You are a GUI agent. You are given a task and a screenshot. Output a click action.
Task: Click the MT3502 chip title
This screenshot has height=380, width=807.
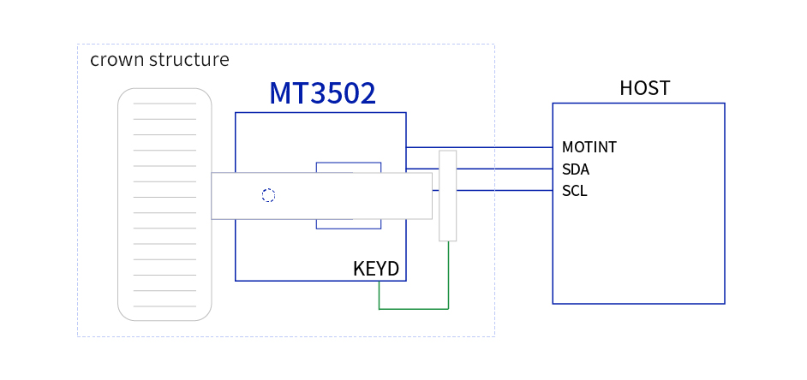pyautogui.click(x=322, y=93)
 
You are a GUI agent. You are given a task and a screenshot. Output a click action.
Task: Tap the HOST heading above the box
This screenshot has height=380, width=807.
pyautogui.click(x=644, y=88)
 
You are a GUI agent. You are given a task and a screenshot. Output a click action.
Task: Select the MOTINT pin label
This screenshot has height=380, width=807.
pyautogui.click(x=589, y=147)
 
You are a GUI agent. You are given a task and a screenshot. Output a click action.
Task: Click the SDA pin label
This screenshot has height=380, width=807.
pyautogui.click(x=576, y=169)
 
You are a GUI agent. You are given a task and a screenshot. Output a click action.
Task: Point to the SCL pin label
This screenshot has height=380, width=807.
pyautogui.click(x=575, y=191)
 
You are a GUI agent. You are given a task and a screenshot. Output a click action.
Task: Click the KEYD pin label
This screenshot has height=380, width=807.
pyautogui.click(x=376, y=269)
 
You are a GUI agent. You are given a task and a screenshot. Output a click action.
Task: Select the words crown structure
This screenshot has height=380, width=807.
pyautogui.click(x=159, y=60)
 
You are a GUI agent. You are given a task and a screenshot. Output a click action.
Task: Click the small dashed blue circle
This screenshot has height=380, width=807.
pyautogui.click(x=268, y=195)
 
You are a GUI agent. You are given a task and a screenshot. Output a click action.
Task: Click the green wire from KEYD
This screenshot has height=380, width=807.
pyautogui.click(x=413, y=308)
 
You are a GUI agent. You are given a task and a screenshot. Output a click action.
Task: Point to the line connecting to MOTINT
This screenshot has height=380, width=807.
pyautogui.click(x=497, y=147)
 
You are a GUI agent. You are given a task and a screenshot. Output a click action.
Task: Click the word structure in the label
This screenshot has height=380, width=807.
pyautogui.click(x=188, y=60)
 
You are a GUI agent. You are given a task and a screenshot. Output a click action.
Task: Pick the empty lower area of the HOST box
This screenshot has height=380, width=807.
pyautogui.click(x=638, y=257)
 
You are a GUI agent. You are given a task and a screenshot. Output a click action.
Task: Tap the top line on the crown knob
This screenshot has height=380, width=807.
pyautogui.click(x=164, y=104)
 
